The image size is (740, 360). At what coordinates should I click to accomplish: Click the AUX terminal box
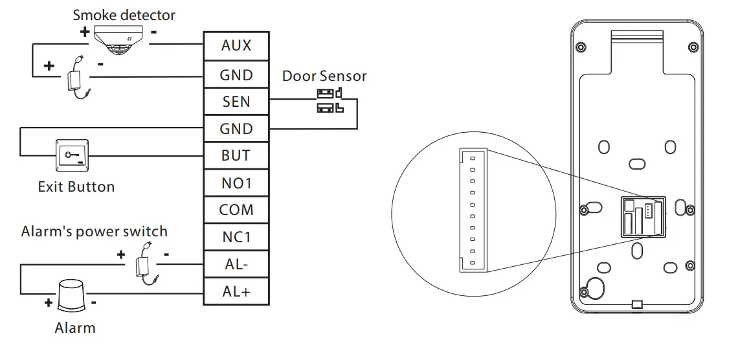236,46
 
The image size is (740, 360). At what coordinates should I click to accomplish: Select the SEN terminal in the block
236,102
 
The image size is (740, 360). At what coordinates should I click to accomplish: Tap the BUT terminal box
236,156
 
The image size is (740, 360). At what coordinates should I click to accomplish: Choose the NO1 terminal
236,183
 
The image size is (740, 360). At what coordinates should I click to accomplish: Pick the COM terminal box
236,210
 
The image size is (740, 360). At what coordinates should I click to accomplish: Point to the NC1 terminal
236,238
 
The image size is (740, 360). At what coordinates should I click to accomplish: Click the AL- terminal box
236,265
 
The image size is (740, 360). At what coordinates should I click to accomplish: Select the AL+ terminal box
236,291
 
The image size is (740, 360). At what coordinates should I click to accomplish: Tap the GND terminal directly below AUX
236,74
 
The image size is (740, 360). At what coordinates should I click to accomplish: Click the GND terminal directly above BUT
236,129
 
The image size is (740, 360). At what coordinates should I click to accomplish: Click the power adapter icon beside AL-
144,263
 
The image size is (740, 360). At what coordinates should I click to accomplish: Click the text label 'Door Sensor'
324,76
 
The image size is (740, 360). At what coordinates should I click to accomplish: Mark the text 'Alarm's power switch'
94,232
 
